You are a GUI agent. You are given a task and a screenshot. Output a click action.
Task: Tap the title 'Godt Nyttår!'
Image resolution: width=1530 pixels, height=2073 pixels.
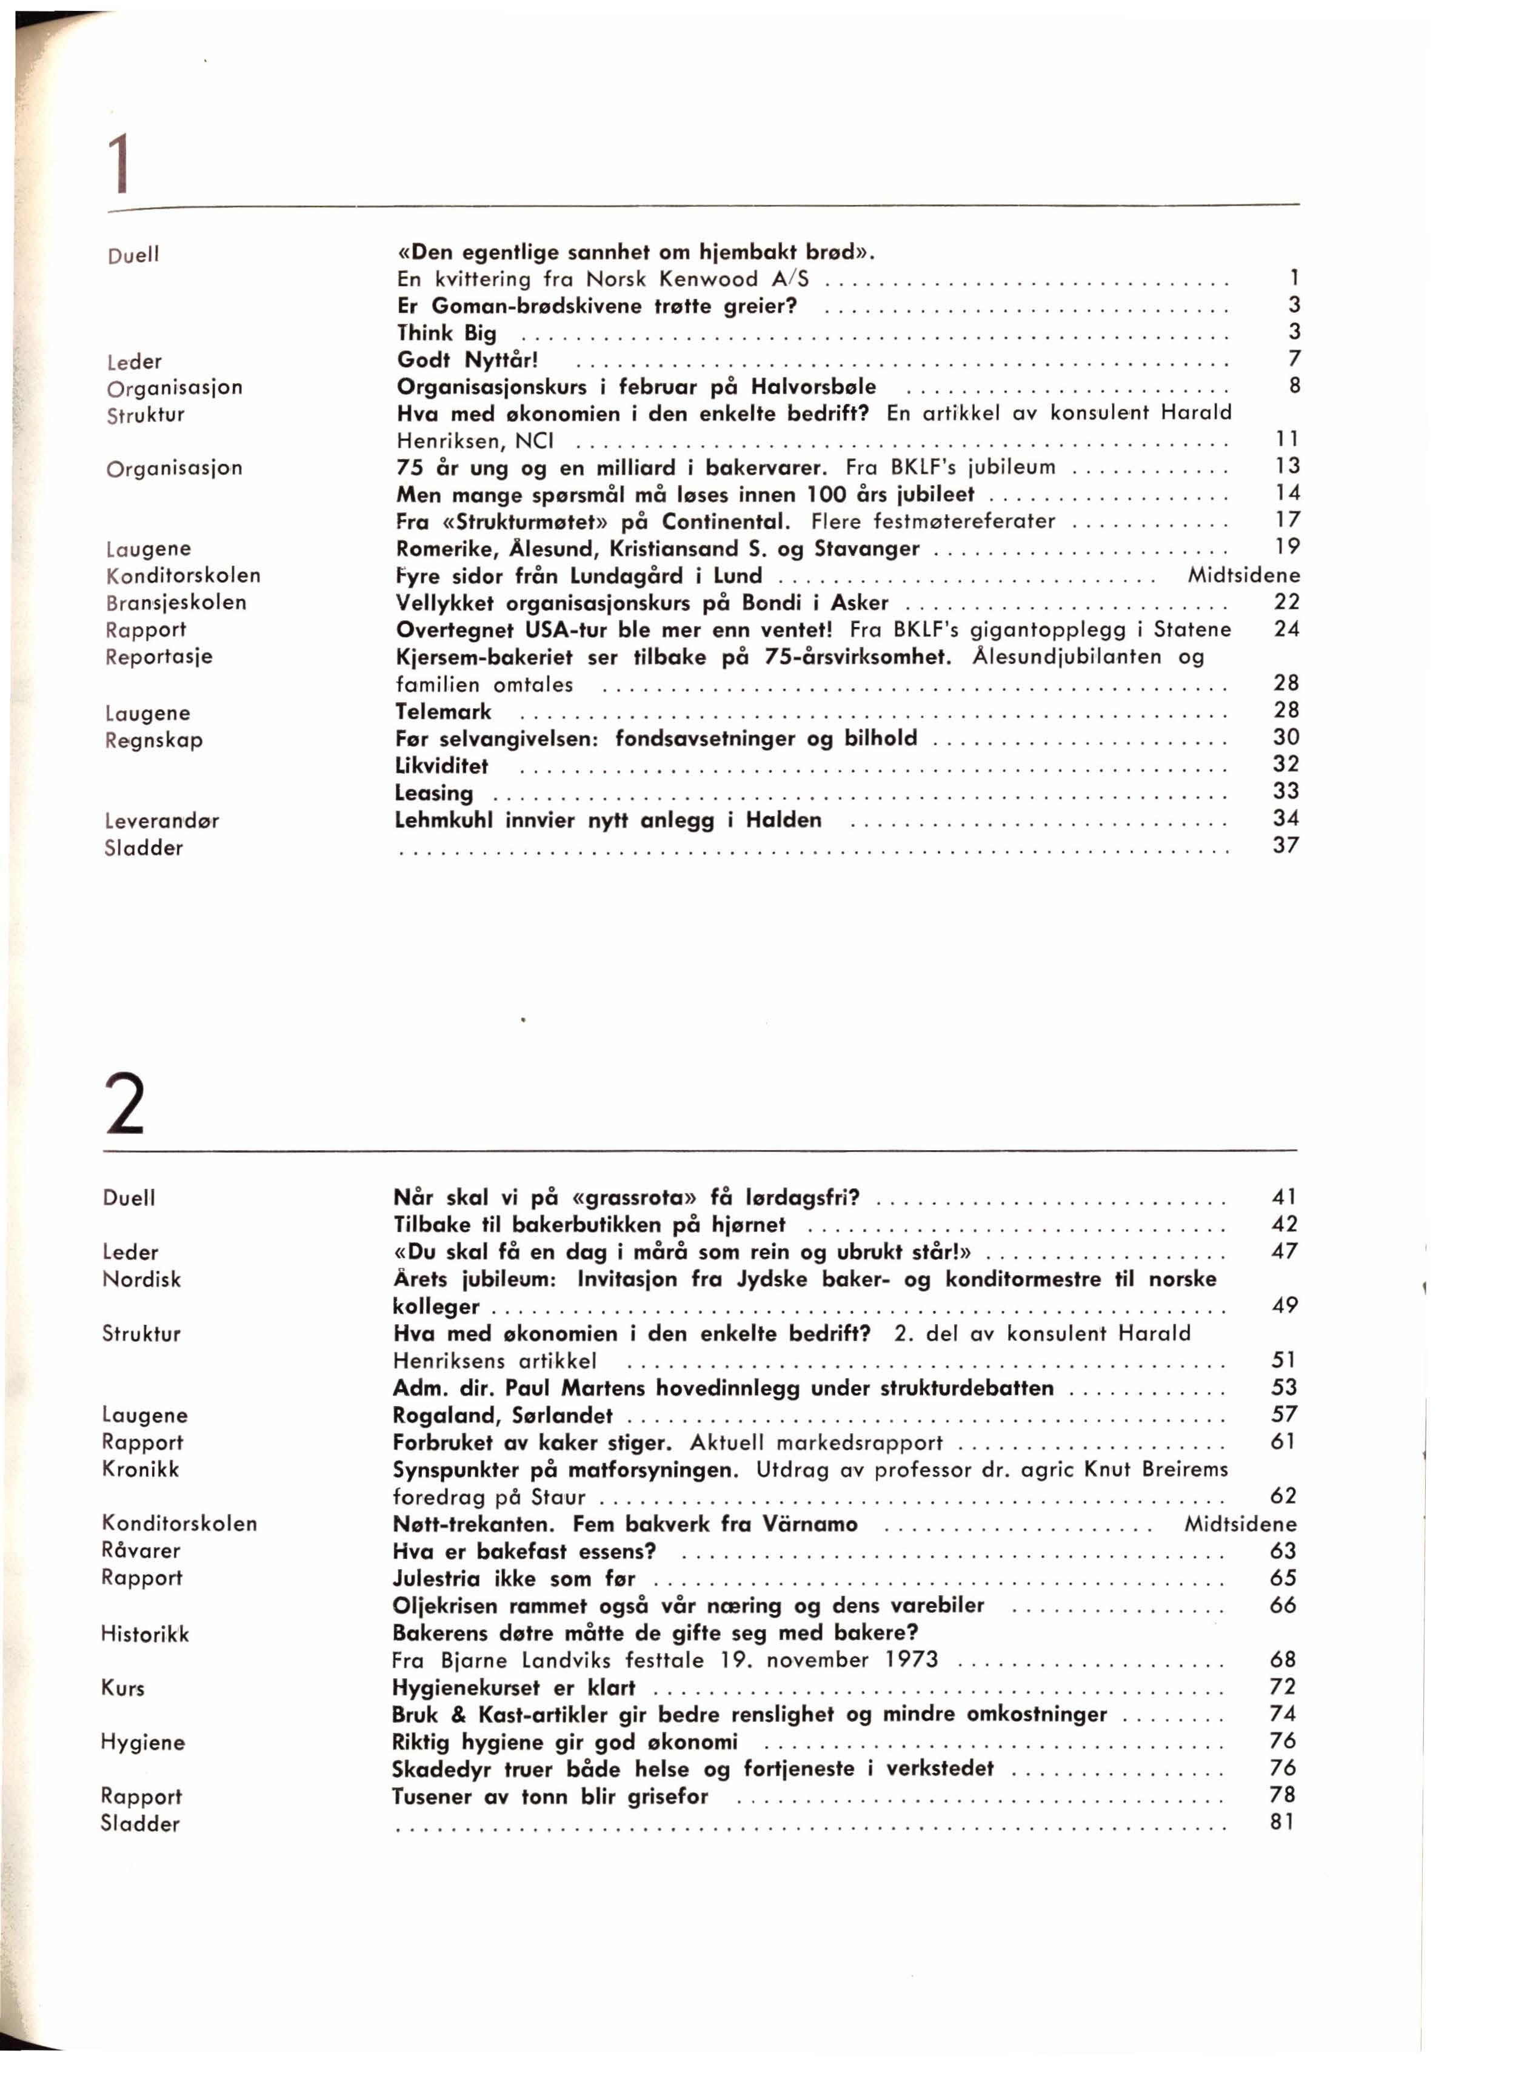pyautogui.click(x=468, y=360)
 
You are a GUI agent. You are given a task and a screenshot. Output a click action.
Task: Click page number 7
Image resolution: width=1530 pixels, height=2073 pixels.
pyautogui.click(x=1294, y=358)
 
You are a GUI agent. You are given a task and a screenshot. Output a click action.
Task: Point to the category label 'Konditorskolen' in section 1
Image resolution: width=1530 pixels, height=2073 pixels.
pyautogui.click(x=184, y=575)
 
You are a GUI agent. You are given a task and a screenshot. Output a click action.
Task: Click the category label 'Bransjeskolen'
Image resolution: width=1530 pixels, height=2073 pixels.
pyautogui.click(x=176, y=602)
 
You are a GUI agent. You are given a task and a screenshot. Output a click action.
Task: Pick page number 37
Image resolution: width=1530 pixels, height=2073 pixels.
pyautogui.click(x=1286, y=845)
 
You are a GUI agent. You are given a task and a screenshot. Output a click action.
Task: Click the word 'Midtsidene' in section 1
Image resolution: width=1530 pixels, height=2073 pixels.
pyautogui.click(x=1244, y=575)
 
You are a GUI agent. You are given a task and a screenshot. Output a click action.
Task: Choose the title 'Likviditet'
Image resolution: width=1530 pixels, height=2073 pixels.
pyautogui.click(x=442, y=766)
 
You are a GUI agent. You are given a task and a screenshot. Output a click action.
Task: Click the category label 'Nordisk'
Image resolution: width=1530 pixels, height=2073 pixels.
pyautogui.click(x=142, y=1279)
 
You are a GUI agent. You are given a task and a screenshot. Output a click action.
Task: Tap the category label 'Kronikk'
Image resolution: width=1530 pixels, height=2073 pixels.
pyautogui.click(x=141, y=1469)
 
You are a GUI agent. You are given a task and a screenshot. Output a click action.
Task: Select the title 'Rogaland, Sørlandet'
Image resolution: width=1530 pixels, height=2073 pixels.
pyautogui.click(x=503, y=1415)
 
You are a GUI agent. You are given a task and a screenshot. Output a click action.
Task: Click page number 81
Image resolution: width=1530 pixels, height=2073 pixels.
pyautogui.click(x=1283, y=1822)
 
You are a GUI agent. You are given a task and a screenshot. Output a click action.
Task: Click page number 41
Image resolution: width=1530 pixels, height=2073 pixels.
pyautogui.click(x=1284, y=1197)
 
